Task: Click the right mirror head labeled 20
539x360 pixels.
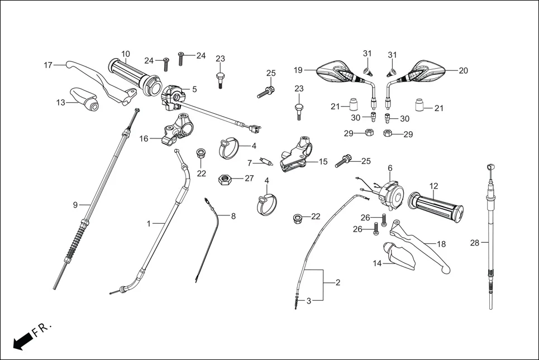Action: point(427,72)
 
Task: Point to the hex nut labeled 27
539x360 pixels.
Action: point(225,179)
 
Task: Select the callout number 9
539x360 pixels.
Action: point(75,205)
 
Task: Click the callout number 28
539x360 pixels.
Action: point(474,242)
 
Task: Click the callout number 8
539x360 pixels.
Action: point(233,215)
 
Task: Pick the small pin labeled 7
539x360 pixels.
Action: point(266,163)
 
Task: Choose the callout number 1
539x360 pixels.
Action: point(149,223)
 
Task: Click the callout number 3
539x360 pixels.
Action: point(308,300)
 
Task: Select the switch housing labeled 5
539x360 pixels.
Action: point(173,93)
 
